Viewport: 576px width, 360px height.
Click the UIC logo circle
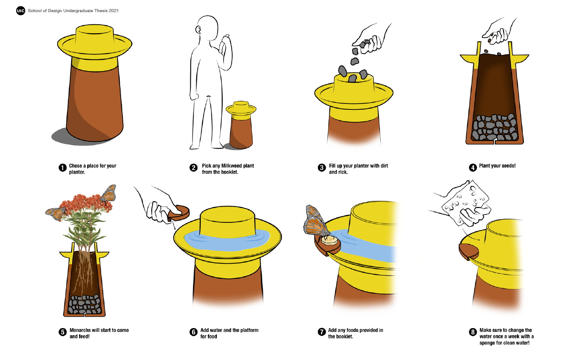(21, 10)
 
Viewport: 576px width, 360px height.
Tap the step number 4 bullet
(472, 168)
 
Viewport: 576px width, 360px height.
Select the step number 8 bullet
(472, 333)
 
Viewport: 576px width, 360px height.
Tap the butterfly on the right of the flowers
(108, 193)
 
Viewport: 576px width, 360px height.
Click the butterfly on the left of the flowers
(56, 212)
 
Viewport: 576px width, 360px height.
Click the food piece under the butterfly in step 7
(331, 240)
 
